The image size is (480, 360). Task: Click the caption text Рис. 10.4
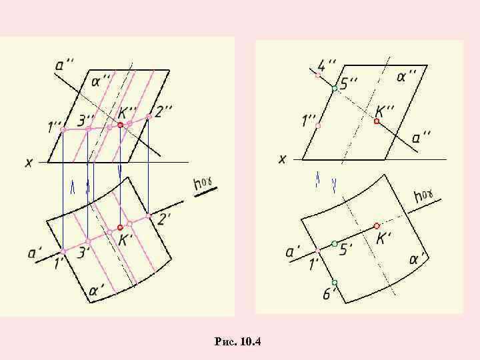239,342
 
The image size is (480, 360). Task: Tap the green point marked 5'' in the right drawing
335,88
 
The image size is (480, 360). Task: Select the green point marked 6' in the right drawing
335,283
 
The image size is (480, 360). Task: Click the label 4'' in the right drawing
326,65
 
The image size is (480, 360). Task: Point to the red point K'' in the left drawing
120,125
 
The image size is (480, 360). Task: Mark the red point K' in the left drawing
120,227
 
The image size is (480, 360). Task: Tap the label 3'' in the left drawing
86,121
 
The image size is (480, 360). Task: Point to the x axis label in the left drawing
29,162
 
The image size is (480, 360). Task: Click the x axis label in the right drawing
282,159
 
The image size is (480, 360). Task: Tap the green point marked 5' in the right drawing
335,243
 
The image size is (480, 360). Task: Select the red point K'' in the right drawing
377,122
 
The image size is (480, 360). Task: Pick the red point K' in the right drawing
377,226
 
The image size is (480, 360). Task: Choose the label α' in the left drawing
97,291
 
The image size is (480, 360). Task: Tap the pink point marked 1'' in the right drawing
318,125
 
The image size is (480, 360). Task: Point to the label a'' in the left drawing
65,65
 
